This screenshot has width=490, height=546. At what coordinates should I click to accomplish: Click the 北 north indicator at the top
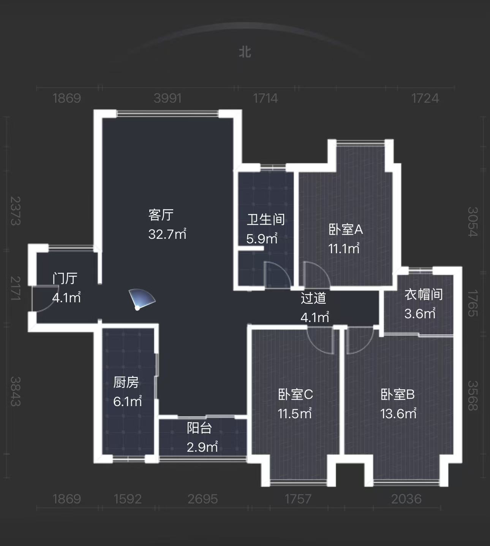click(x=245, y=52)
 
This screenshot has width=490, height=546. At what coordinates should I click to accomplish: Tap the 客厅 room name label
click(x=161, y=215)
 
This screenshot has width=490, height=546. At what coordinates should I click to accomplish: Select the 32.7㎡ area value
click(x=167, y=234)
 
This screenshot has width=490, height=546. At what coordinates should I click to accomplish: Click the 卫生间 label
click(x=266, y=219)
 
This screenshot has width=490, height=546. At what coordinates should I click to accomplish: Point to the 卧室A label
click(x=346, y=229)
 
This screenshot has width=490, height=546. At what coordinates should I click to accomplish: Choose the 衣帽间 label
click(x=423, y=294)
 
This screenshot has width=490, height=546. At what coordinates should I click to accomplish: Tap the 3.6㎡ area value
click(x=420, y=313)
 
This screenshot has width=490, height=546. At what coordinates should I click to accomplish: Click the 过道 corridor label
click(x=313, y=298)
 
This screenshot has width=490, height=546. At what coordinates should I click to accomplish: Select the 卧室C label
click(x=296, y=394)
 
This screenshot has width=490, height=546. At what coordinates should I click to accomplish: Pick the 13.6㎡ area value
click(x=398, y=413)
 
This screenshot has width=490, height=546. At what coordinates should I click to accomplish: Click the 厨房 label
click(x=126, y=382)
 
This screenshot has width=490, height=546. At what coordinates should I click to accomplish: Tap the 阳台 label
click(x=199, y=428)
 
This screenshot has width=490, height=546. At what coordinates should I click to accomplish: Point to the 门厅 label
click(x=65, y=278)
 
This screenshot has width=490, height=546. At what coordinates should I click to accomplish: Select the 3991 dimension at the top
click(x=168, y=98)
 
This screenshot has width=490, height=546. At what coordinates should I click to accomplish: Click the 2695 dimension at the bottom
click(x=203, y=499)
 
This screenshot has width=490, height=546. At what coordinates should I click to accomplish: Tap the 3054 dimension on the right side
click(x=472, y=222)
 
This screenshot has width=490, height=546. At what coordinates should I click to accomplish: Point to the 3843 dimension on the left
click(x=15, y=391)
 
